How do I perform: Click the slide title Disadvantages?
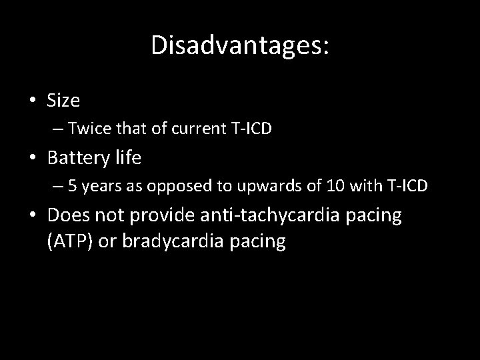point(240,45)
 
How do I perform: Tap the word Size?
point(63,101)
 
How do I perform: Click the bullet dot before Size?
point(33,101)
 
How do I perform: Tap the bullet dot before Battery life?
point(33,159)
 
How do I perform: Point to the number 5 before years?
point(72,187)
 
